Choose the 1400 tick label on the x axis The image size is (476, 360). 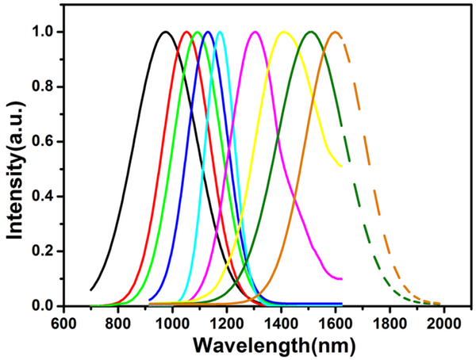pos(281,324)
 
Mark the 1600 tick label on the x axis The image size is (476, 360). pos(336,324)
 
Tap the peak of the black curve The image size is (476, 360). pos(165,32)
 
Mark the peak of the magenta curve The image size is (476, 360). pos(255,32)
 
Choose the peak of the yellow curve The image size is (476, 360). pos(283,32)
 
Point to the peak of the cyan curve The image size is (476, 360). pos(220,32)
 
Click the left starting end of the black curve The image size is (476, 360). pos(91,289)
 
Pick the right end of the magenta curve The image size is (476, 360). pos(341,279)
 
